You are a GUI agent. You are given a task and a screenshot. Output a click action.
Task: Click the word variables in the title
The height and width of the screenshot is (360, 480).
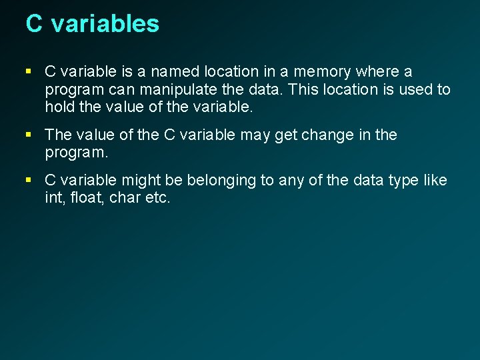[x=105, y=24]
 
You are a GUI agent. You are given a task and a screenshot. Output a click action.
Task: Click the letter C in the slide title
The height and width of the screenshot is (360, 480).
[x=34, y=24]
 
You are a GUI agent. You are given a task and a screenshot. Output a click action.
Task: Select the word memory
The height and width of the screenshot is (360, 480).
[x=325, y=71]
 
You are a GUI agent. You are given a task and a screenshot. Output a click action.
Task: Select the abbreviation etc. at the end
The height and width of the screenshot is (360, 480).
[x=158, y=198]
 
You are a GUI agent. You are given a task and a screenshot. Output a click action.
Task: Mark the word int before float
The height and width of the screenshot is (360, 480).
[x=55, y=198]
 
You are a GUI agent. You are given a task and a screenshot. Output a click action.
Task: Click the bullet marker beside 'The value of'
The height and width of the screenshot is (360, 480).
[x=29, y=135]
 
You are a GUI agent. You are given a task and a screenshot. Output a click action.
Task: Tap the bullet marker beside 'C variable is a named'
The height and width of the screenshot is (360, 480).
[x=29, y=71]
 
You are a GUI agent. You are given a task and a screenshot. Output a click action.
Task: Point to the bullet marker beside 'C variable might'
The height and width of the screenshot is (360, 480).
[x=29, y=181]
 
